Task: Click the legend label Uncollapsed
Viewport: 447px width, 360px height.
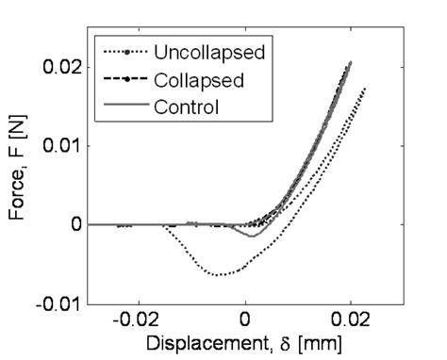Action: click(x=197, y=51)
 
